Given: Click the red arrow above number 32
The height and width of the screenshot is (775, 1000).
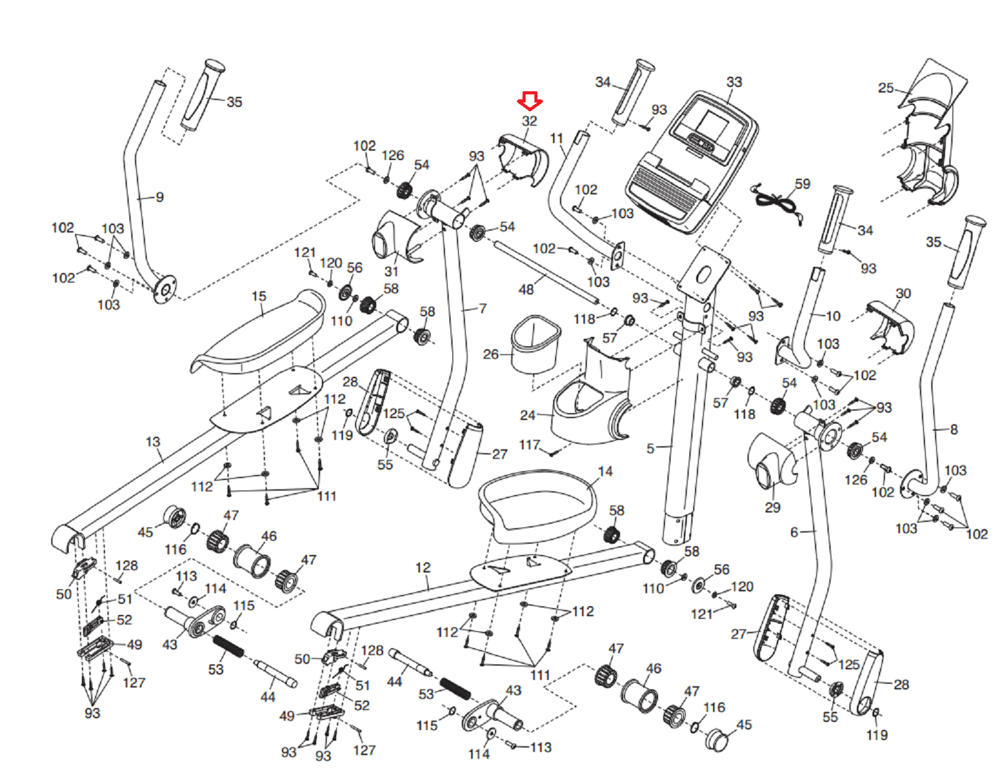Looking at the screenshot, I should (529, 100).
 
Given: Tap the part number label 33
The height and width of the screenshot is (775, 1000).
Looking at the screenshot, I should (734, 82).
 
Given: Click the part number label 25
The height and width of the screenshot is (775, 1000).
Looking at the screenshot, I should (886, 88).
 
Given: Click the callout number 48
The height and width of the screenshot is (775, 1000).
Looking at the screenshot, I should (526, 289).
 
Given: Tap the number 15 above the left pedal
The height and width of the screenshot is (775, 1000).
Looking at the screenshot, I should (259, 296).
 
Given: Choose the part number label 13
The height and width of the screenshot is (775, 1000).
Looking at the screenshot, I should (153, 442).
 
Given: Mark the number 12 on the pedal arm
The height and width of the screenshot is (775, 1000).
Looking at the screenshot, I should (423, 567).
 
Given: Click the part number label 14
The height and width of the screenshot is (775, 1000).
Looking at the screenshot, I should (605, 471).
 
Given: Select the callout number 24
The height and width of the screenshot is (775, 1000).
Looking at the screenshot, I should (528, 415).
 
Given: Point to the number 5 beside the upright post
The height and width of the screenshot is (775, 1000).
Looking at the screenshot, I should (651, 448).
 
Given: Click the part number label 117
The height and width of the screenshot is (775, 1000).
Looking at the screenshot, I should (529, 444).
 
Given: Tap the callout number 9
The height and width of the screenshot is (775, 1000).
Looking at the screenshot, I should (159, 197).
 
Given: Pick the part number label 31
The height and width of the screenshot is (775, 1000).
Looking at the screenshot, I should (391, 271).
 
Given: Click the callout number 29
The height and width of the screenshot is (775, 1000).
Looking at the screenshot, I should (772, 507).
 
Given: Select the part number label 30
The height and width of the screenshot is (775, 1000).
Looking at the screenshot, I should (903, 293).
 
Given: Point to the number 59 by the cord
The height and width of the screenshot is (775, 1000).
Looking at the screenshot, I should (802, 184).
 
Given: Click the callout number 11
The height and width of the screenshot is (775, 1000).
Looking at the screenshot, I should (557, 138).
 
